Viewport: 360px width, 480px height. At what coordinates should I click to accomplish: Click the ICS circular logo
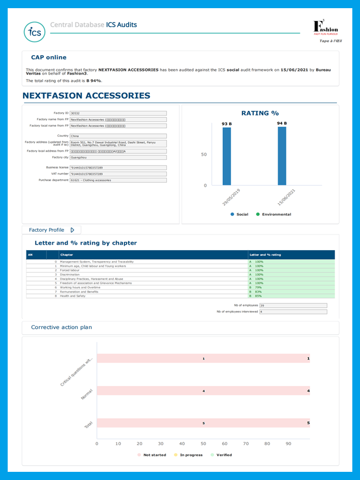click(x=35, y=32)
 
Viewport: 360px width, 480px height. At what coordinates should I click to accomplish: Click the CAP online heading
click(x=49, y=58)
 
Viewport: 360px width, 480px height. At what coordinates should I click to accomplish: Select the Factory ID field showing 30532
click(x=118, y=113)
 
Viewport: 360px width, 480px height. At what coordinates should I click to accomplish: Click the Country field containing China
click(x=118, y=136)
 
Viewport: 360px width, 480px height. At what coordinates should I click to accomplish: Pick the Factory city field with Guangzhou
click(x=118, y=157)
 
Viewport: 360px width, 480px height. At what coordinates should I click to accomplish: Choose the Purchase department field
click(x=118, y=180)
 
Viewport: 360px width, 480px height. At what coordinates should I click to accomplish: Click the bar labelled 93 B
click(x=227, y=156)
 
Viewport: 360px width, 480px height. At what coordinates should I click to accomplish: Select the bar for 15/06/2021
click(x=282, y=156)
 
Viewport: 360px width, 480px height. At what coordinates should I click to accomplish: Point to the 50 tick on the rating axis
click(x=204, y=155)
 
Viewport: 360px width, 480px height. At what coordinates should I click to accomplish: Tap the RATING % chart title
click(x=260, y=113)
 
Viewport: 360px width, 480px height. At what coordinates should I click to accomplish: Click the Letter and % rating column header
click(x=265, y=255)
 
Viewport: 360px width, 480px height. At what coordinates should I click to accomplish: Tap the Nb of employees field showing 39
click(x=293, y=305)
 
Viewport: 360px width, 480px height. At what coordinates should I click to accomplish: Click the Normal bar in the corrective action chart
click(x=203, y=391)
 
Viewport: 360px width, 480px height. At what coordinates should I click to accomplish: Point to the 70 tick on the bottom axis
click(x=246, y=444)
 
